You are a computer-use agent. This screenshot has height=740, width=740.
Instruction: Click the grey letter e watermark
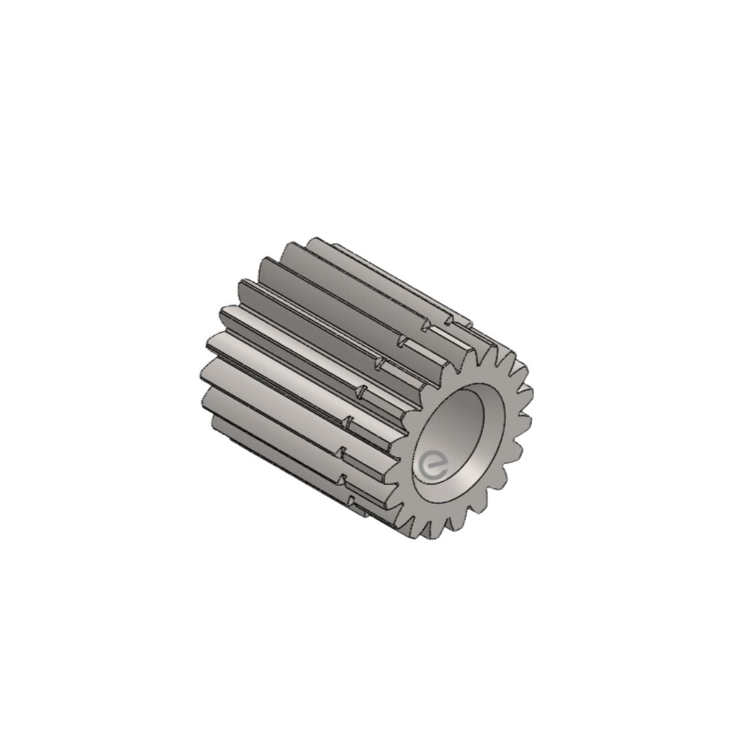pos(433,467)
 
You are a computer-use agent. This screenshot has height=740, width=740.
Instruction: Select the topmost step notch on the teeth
pos(449,321)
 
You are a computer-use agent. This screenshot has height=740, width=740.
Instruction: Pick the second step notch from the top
pos(424,325)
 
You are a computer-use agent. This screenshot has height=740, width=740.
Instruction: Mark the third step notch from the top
pos(402,341)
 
